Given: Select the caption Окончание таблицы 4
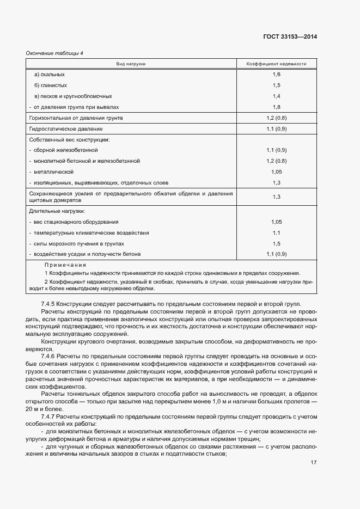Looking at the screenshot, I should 54,53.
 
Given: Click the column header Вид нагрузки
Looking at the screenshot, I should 131,64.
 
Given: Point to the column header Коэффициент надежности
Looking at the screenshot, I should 277,64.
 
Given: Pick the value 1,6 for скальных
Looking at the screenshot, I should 277,74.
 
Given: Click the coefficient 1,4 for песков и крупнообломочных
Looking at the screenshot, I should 277,96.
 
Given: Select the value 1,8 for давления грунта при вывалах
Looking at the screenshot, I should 277,107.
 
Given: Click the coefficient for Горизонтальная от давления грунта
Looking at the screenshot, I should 277,118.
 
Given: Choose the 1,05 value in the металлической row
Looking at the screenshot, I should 277,171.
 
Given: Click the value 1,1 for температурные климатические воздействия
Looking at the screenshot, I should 277,233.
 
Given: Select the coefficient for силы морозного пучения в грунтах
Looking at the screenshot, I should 277,244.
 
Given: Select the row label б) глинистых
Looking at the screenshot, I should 51,85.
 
